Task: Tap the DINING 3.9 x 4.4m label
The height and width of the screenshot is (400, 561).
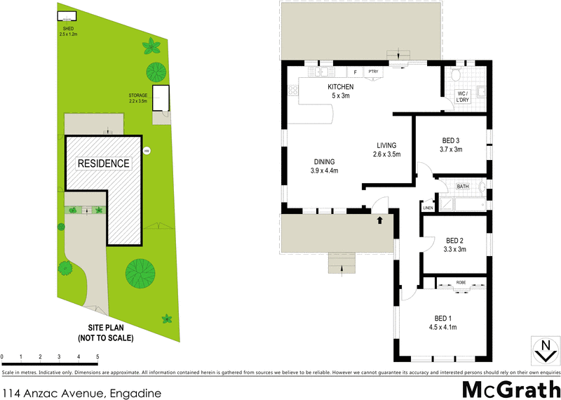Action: (x=324, y=166)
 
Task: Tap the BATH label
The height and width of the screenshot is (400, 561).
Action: (x=463, y=187)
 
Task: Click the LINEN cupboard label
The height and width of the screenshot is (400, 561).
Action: (x=428, y=208)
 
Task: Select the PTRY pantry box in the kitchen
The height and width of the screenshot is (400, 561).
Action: (x=373, y=72)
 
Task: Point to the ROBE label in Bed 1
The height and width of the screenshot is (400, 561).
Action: (x=461, y=282)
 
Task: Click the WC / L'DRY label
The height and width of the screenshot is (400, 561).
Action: (x=463, y=97)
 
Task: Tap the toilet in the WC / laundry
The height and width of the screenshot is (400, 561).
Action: (x=454, y=74)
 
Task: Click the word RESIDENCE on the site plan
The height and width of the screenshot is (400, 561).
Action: (x=103, y=164)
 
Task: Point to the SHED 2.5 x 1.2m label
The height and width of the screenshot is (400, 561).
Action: (x=68, y=31)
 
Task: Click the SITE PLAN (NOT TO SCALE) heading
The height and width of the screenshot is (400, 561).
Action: (x=111, y=333)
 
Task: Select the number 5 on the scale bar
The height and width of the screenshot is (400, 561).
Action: (x=97, y=357)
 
